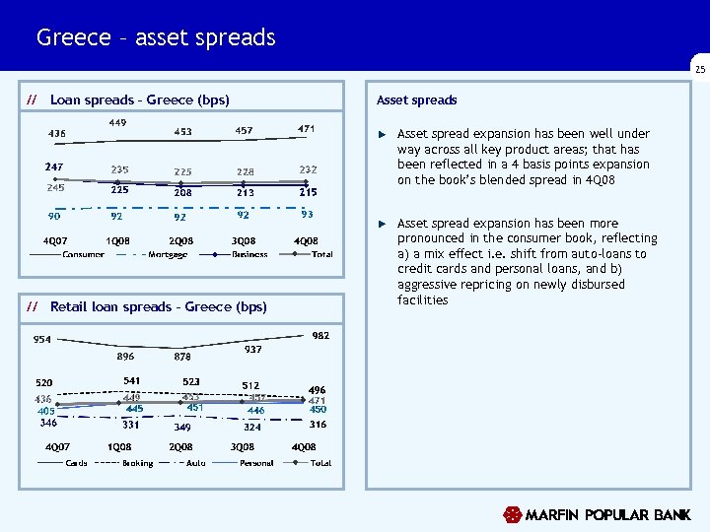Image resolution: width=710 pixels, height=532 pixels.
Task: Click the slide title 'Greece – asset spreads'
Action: (x=156, y=38)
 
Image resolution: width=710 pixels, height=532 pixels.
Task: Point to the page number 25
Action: (x=699, y=70)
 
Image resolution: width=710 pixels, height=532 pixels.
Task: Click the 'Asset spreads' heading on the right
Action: (x=417, y=100)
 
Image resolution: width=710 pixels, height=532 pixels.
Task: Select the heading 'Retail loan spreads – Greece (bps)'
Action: (x=158, y=307)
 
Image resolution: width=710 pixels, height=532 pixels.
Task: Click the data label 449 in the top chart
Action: (x=118, y=123)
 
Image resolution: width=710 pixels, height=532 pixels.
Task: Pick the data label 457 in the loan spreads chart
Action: (x=244, y=131)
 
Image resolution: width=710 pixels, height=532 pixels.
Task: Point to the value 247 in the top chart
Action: (x=54, y=167)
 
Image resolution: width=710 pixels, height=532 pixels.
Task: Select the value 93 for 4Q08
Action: (x=308, y=214)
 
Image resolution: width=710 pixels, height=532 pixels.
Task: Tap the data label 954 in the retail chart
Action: (x=42, y=340)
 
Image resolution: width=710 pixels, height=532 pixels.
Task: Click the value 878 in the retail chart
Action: (x=182, y=357)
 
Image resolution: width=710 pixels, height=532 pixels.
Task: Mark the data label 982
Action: (x=320, y=336)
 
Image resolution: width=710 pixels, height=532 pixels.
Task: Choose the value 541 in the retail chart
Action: (x=131, y=380)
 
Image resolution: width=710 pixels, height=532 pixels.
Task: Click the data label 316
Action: (x=318, y=425)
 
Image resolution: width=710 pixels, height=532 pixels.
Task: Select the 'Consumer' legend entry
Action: (x=84, y=255)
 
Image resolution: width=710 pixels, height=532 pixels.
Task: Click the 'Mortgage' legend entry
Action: (x=167, y=255)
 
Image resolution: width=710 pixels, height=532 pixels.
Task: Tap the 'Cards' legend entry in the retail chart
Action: (x=76, y=463)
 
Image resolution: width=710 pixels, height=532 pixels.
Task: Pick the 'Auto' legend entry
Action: (x=196, y=463)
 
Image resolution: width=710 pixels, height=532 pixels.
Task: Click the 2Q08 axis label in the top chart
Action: (x=180, y=241)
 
